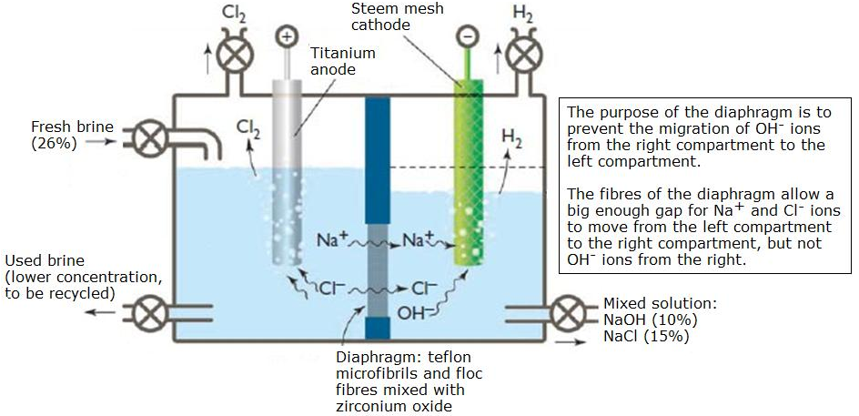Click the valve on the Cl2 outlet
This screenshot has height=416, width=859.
238,54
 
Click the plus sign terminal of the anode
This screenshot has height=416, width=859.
287,37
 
